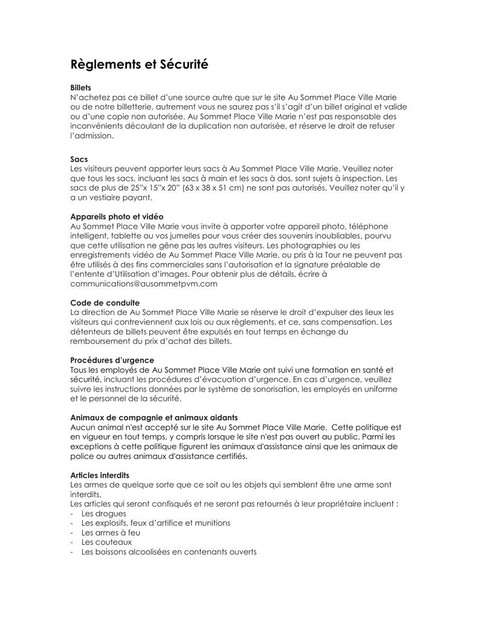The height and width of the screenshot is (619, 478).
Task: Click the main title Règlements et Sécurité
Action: click(x=139, y=65)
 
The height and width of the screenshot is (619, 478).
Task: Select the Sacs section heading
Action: click(x=79, y=159)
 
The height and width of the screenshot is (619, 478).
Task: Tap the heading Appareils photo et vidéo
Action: click(x=117, y=216)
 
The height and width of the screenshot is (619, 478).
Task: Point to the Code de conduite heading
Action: click(x=105, y=303)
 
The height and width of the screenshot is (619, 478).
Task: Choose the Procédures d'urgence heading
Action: click(x=112, y=360)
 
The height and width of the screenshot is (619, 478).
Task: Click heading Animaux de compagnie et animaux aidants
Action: click(x=154, y=418)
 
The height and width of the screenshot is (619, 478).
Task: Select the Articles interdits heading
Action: click(x=100, y=475)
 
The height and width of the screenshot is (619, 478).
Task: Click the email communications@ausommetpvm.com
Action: click(x=144, y=284)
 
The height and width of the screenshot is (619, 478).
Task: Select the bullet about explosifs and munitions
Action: click(x=155, y=523)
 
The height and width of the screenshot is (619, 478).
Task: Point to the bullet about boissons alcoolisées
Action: click(x=169, y=552)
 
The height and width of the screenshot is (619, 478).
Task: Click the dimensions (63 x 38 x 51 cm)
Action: click(x=201, y=188)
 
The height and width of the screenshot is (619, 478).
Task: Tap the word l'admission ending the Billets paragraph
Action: click(x=92, y=136)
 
